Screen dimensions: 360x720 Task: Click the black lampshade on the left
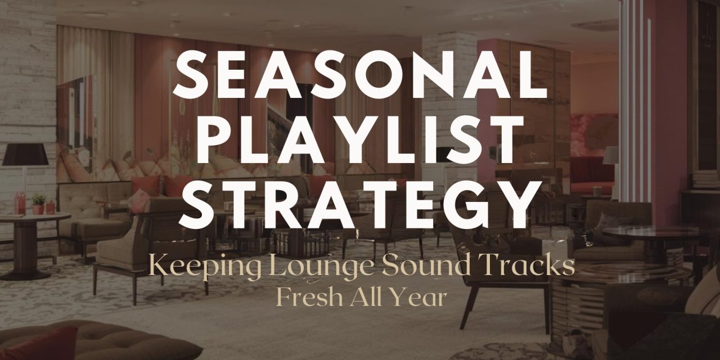click(x=25, y=154)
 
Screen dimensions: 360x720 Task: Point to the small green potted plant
click(x=38, y=201)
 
